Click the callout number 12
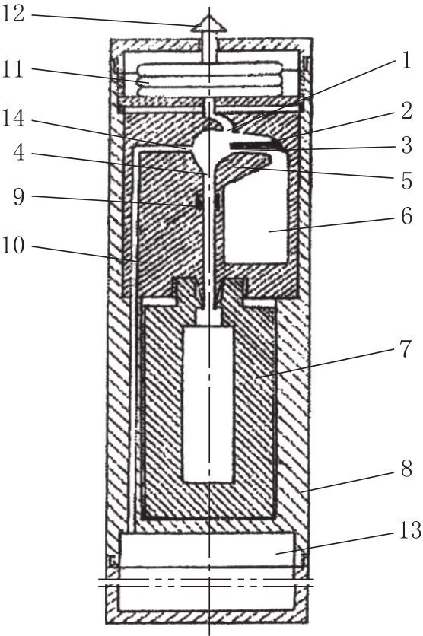pos(14,14)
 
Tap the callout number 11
pos(14,70)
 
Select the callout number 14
pos(14,119)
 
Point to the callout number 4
pos(19,153)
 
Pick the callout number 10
pos(14,246)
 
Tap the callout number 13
pos(410,530)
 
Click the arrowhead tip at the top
pos(209,15)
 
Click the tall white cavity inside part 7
pos(208,403)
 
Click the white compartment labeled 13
pos(208,549)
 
